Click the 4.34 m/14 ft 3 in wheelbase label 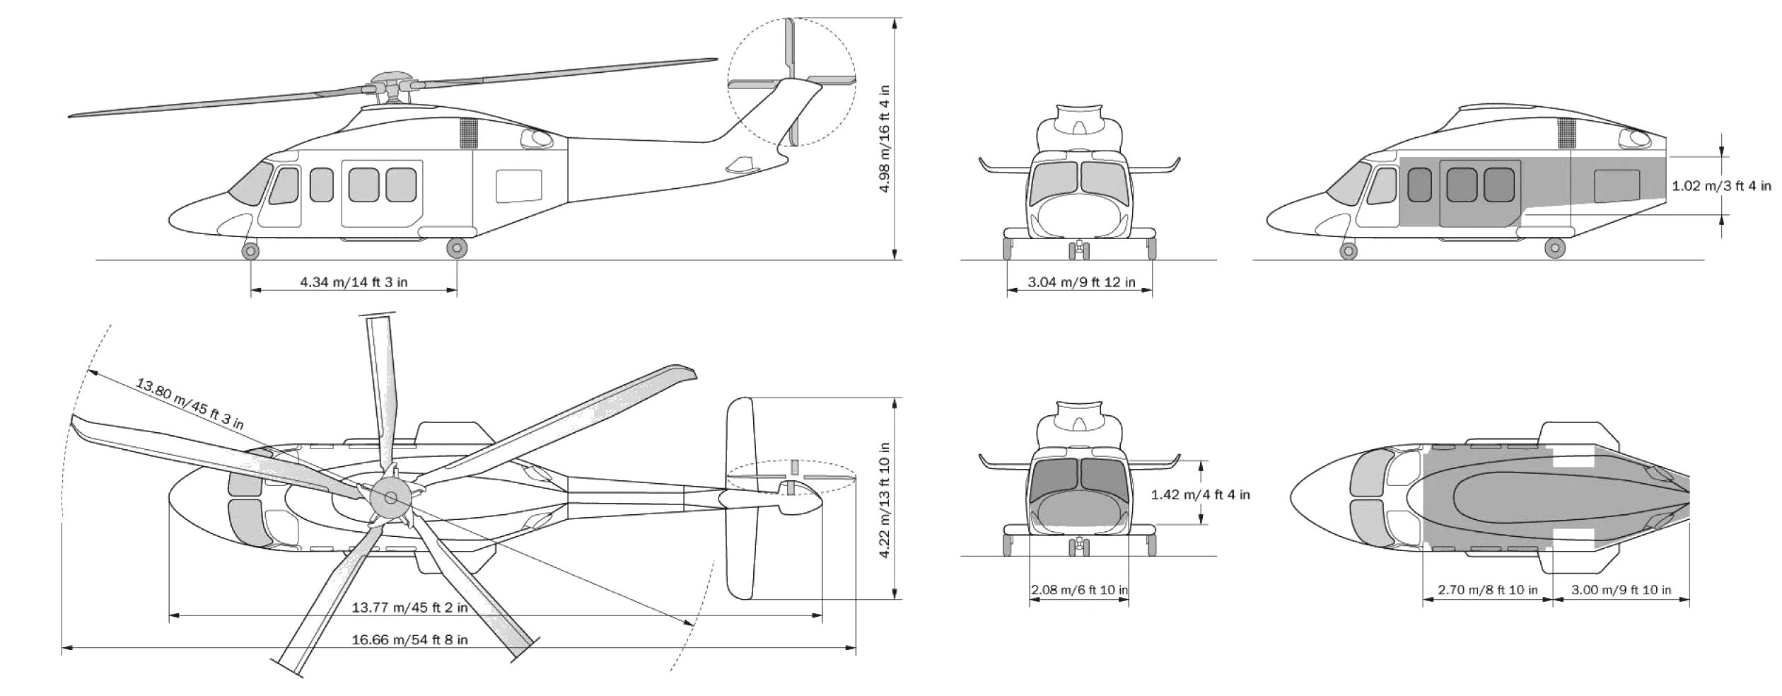point(354,282)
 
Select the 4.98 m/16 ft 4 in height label point(884,139)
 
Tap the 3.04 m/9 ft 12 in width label point(1081,282)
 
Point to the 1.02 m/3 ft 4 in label point(1721,186)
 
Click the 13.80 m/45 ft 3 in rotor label point(190,404)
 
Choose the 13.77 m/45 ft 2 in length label point(409,608)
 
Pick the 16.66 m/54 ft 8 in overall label point(409,640)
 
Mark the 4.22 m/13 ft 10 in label point(884,500)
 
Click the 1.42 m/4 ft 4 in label point(1200,495)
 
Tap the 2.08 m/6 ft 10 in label point(1079,590)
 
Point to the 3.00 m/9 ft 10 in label point(1621,590)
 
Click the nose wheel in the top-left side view point(250,250)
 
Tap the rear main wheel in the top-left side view point(457,248)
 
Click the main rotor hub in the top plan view point(390,498)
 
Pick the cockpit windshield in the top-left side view point(249,183)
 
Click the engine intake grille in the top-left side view point(468,133)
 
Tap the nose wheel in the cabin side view point(1349,250)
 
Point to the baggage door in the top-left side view point(518,186)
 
